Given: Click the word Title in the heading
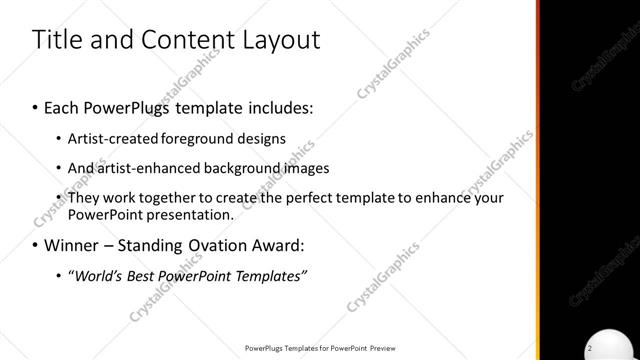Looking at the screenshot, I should point(58,40).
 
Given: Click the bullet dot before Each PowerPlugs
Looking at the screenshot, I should point(35,105).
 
